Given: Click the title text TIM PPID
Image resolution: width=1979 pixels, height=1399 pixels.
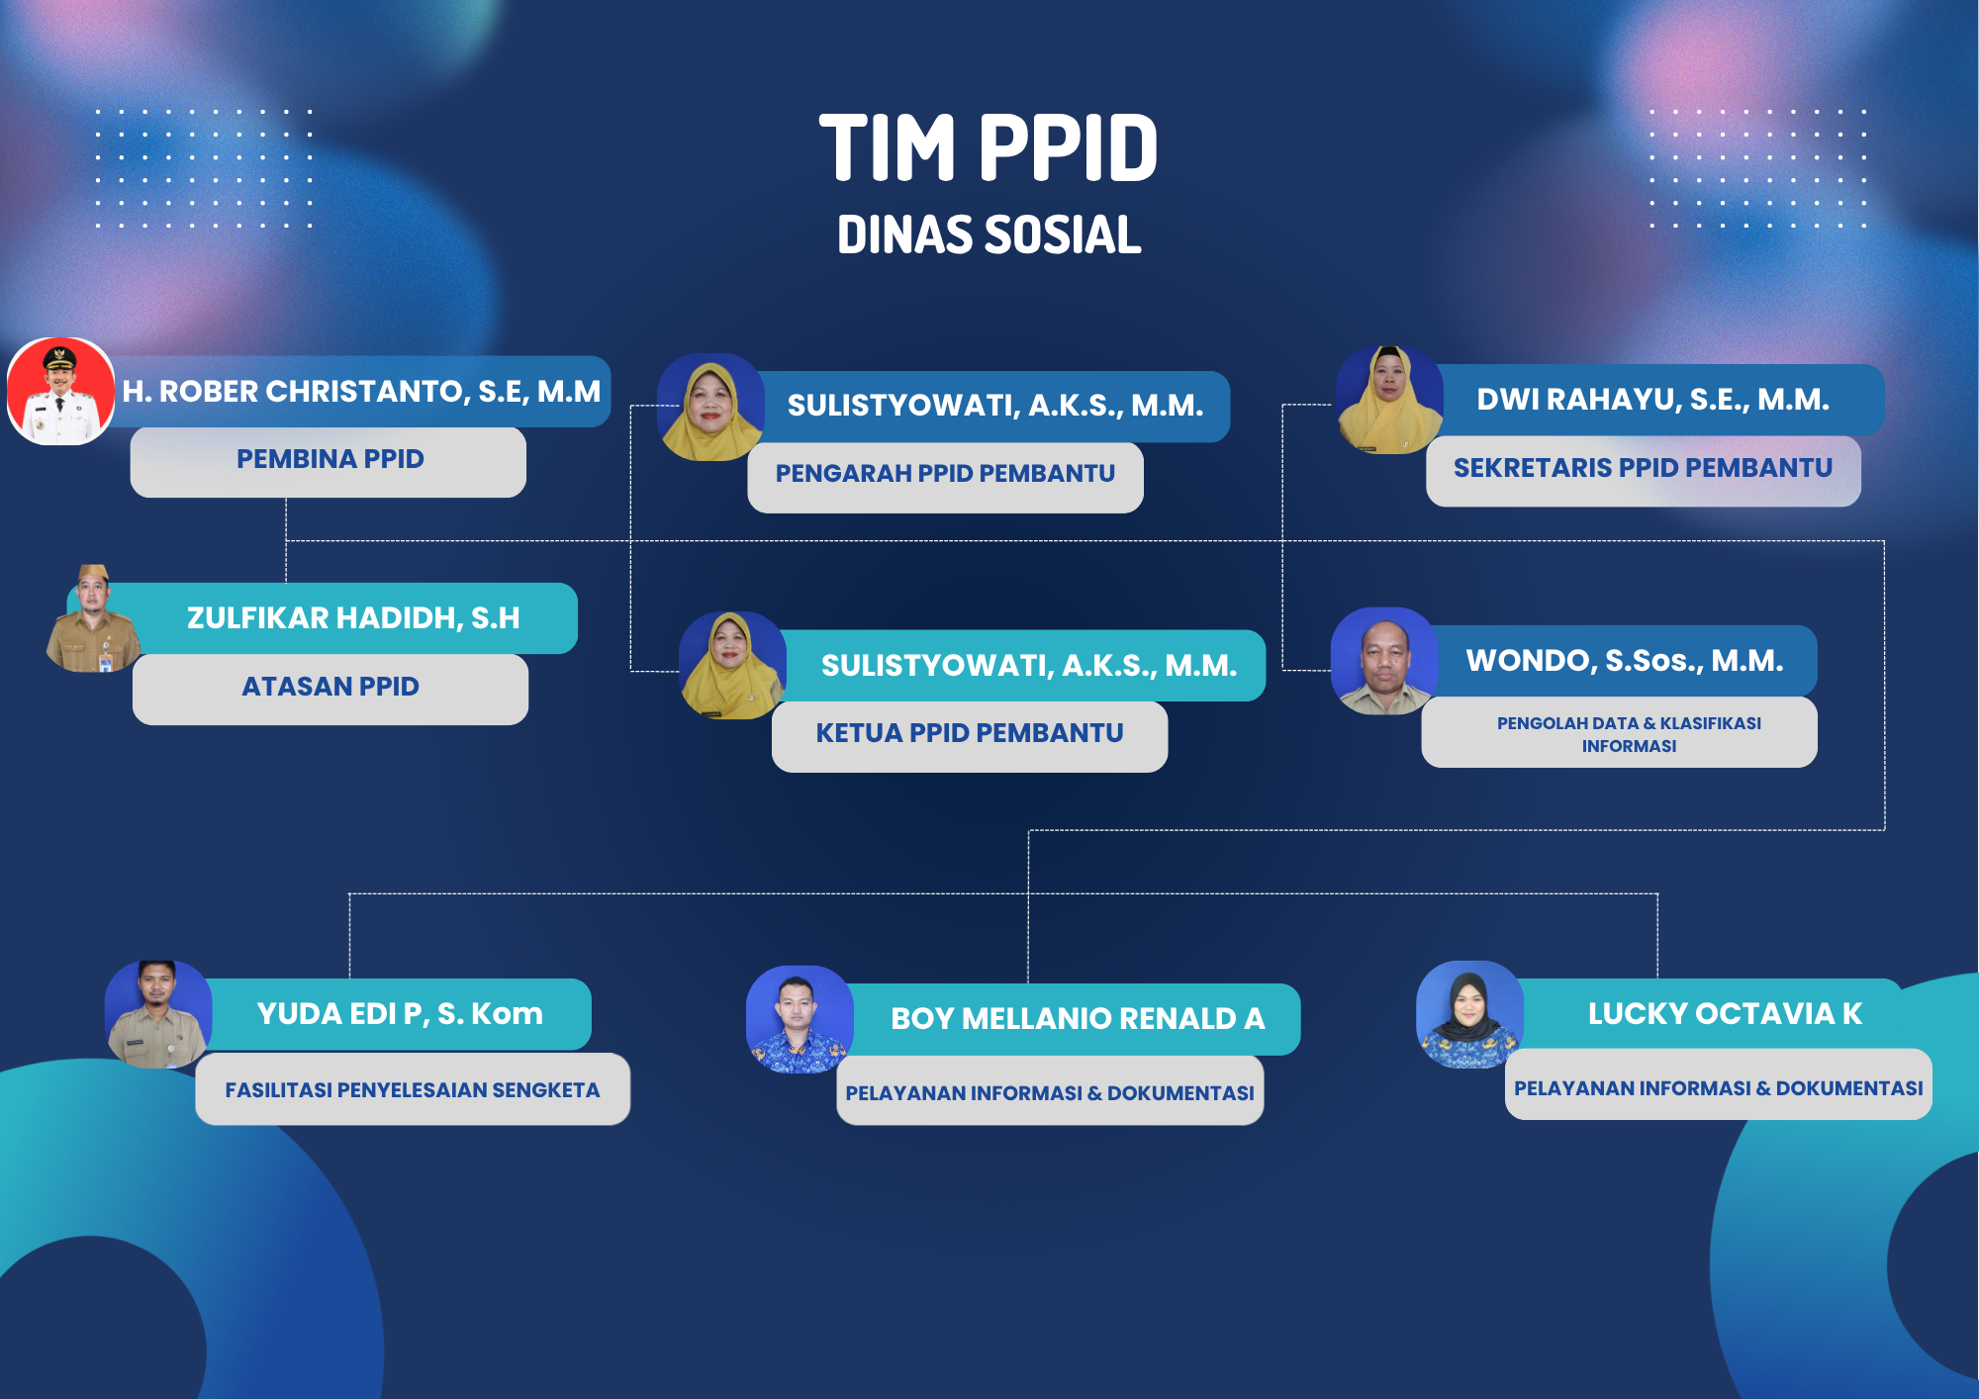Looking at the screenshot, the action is pos(989,148).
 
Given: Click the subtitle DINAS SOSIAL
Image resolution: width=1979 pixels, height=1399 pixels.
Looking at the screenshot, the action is pos(989,235).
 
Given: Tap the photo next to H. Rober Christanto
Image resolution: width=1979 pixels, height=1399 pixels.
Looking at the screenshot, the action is pos(61,392).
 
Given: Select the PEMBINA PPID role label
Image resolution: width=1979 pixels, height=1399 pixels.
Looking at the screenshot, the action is pos(330,459).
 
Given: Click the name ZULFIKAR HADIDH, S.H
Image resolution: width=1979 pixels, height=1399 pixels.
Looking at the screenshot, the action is pos(353,618).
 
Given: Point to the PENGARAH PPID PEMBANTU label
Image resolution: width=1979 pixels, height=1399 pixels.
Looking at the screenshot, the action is pos(945,474).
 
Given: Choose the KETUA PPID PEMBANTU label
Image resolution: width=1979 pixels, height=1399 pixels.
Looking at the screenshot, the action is pos(970,733).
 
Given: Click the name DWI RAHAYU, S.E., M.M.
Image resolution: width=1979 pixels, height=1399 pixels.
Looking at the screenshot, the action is pos(1653,400).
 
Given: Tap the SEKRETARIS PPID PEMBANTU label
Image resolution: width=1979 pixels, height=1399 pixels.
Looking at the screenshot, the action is pos(1643,468).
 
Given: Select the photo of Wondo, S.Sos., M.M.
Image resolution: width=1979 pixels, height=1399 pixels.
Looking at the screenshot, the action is pos(1384,661).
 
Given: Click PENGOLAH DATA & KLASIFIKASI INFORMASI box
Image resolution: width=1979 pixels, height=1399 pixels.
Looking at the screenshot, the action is pos(1619,732).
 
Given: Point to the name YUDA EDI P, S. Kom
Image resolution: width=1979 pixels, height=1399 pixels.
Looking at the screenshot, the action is pos(400,1014).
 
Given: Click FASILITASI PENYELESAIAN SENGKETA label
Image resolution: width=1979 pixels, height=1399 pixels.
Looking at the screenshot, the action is pos(413,1090).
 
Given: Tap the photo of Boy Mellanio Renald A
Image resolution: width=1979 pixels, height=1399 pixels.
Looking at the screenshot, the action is pos(800,1020).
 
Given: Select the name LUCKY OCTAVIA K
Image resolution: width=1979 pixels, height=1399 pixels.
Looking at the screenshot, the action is pos(1725,1014).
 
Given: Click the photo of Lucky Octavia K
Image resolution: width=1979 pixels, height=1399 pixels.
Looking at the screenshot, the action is pos(1470,1015).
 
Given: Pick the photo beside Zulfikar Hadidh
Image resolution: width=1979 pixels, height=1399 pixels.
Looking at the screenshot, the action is pos(94,618).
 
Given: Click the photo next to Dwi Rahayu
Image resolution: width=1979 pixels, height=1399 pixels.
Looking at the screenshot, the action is pos(1389,400).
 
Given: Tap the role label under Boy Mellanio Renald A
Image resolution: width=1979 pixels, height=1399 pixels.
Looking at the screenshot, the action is pos(1050,1093).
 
